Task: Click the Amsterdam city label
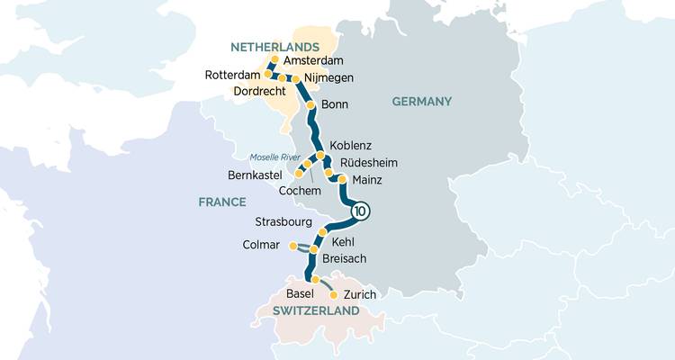tap(314, 60)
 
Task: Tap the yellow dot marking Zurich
tap(334, 294)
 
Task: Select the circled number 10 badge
tap(359, 212)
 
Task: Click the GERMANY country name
tap(421, 102)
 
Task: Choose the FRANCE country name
tap(222, 202)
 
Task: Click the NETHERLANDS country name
tap(275, 46)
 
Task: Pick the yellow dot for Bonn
tap(311, 105)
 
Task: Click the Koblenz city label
tap(351, 146)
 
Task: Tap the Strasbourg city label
tap(283, 221)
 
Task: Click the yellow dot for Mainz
tap(342, 179)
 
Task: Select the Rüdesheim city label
tap(368, 163)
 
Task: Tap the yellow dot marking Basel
tap(315, 280)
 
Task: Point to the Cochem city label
tap(300, 191)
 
